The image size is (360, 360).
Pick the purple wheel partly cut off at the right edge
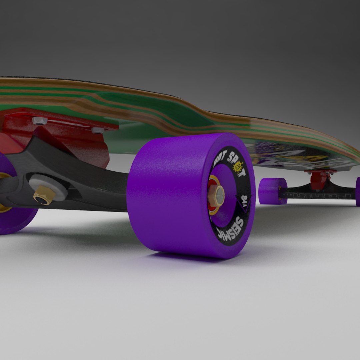click(357, 191)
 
